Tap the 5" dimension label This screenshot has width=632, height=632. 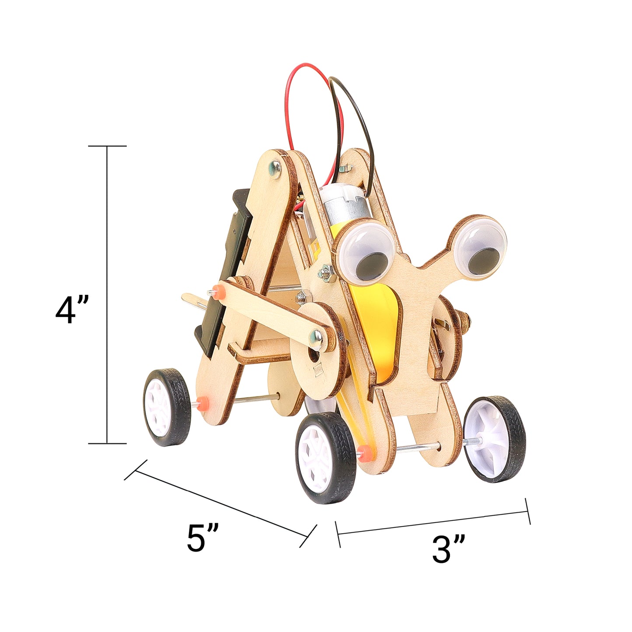tap(202, 538)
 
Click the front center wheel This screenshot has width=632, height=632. tap(325, 457)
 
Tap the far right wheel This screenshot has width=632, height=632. tap(494, 439)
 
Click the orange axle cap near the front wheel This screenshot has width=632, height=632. tap(363, 451)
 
